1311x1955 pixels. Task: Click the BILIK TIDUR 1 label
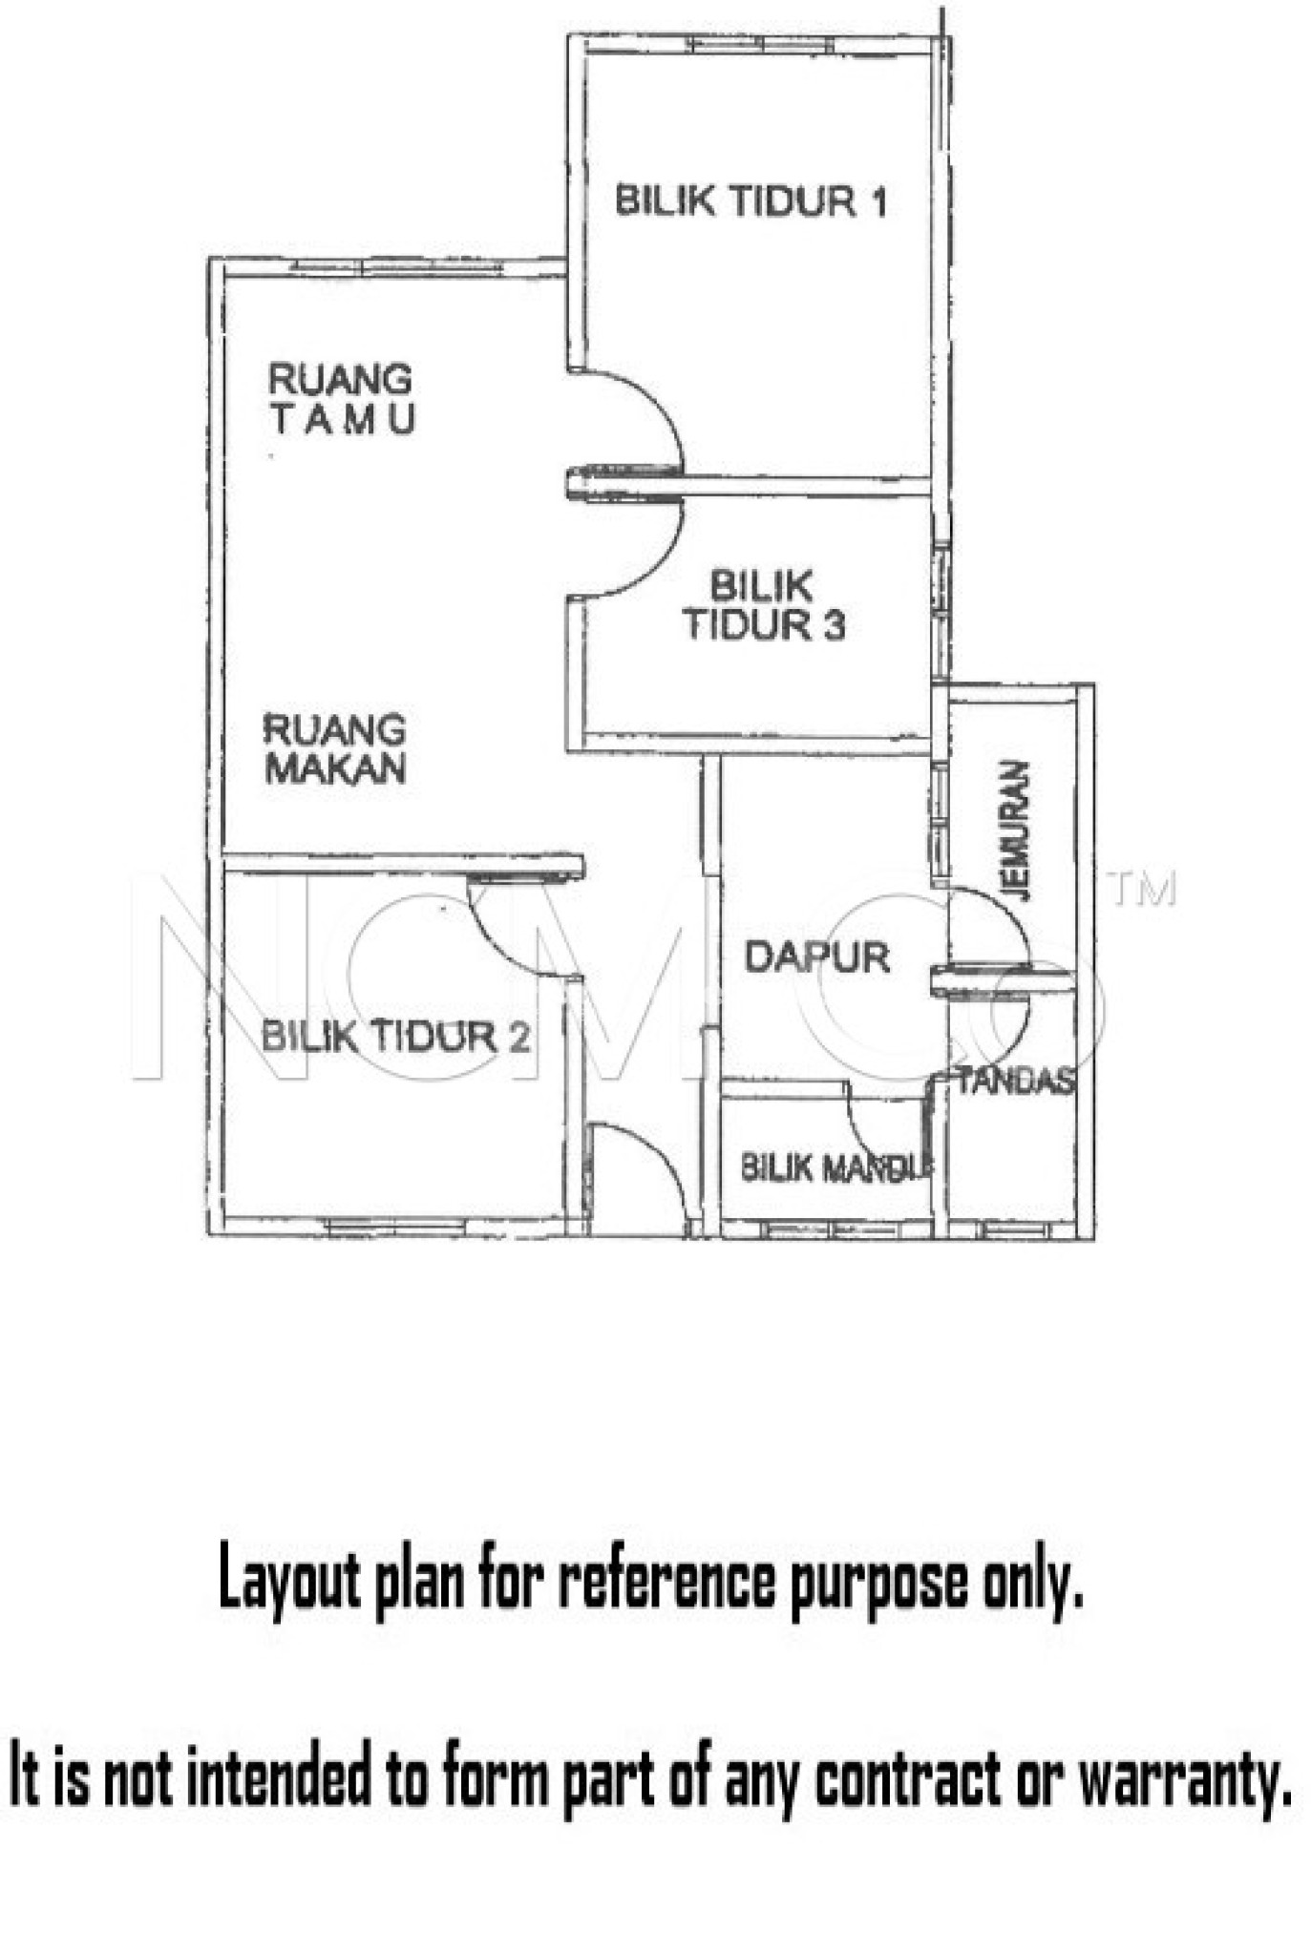(x=751, y=201)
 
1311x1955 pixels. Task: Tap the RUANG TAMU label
(x=341, y=398)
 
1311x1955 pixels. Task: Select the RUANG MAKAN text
(x=334, y=749)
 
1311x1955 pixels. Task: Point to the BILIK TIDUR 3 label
(x=763, y=605)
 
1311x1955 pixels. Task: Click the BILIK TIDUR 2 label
(x=395, y=1036)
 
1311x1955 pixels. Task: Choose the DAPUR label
(x=816, y=956)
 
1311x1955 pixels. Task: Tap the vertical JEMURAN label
(x=1018, y=830)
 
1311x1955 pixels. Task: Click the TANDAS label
(x=1015, y=1082)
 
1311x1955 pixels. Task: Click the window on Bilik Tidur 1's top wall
(x=761, y=44)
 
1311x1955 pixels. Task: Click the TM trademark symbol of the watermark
(x=1142, y=889)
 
